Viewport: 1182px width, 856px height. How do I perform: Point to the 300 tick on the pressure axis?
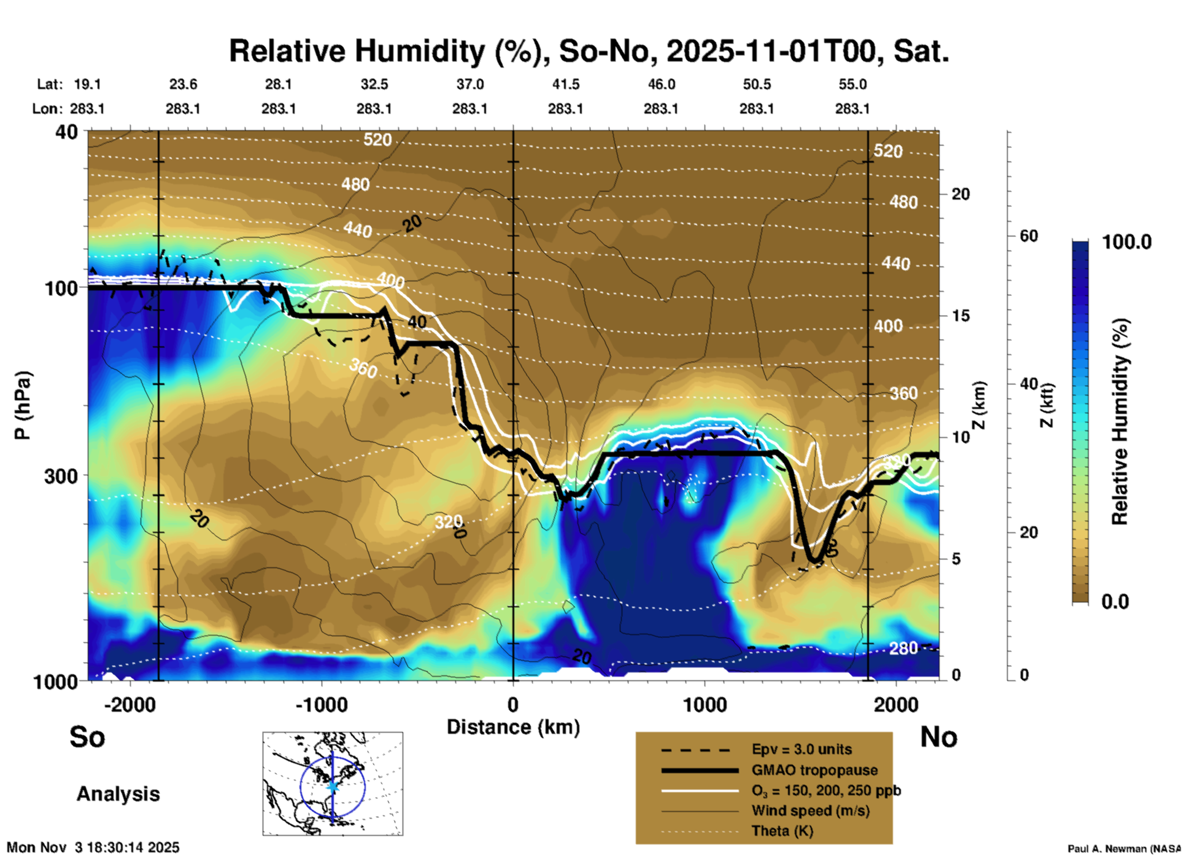(61, 476)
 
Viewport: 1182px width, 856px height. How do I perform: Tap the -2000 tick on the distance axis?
(130, 705)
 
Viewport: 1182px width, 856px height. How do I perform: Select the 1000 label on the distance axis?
(705, 705)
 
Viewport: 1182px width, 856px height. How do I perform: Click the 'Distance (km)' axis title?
(513, 727)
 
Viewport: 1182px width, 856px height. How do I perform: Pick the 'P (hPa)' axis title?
(23, 405)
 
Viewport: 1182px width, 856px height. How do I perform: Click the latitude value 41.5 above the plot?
(565, 84)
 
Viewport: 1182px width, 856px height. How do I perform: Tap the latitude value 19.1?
(87, 84)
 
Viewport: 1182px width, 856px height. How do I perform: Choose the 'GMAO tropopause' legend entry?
(814, 770)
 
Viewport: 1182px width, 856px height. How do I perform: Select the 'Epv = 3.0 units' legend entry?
(802, 750)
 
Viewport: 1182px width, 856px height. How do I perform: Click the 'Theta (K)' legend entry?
(782, 831)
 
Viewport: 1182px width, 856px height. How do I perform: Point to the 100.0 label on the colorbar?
(1127, 242)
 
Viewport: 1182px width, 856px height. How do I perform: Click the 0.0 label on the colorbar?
(1115, 601)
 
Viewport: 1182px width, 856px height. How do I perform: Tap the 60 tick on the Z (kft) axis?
(1029, 236)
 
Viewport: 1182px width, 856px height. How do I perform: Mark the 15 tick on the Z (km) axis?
(960, 316)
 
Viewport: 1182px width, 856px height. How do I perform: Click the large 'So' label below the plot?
(87, 737)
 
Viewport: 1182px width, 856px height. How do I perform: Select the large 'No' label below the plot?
(938, 737)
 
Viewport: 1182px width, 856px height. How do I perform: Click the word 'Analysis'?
(118, 794)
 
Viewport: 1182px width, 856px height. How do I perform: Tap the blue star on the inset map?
(333, 786)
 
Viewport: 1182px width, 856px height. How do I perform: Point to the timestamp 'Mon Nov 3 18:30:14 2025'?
(93, 847)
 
